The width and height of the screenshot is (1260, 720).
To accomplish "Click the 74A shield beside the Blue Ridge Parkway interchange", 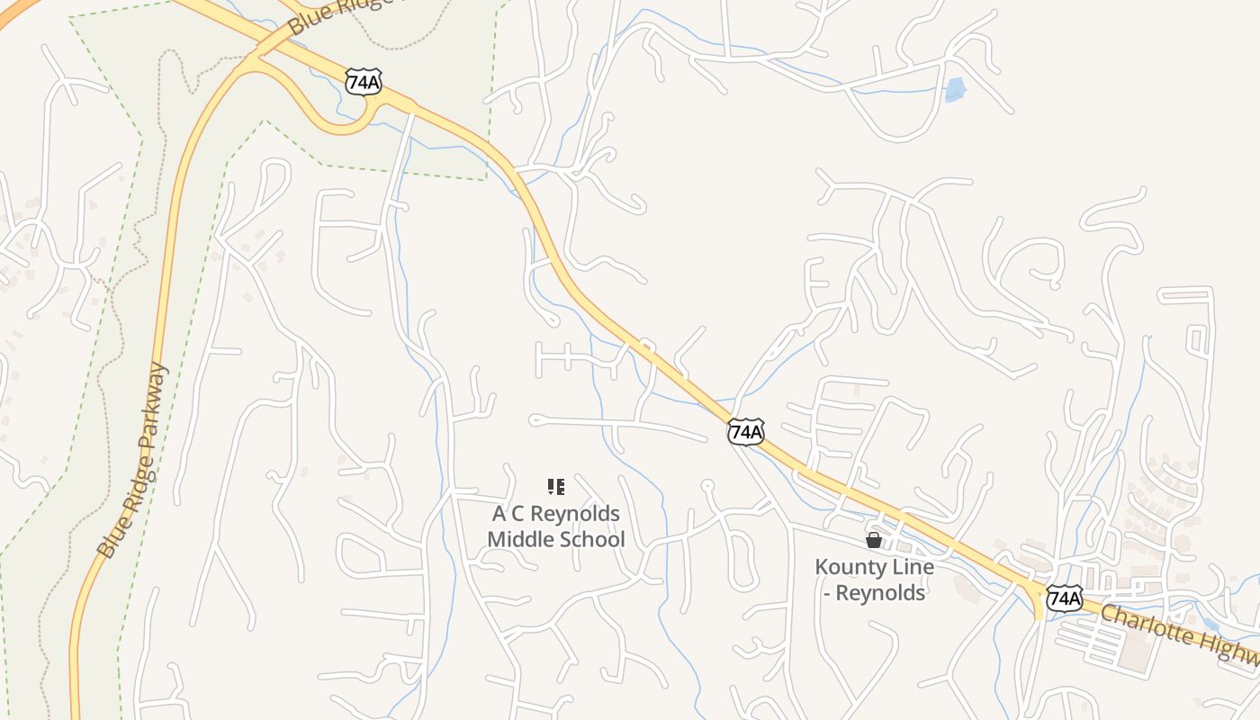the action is pyautogui.click(x=363, y=82).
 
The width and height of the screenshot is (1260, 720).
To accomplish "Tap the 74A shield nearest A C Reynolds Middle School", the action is pyautogui.click(x=746, y=432).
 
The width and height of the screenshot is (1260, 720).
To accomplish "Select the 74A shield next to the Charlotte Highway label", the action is pyautogui.click(x=1065, y=598).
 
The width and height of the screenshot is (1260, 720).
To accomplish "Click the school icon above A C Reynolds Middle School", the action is pyautogui.click(x=556, y=487).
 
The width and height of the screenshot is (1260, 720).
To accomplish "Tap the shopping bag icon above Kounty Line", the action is pyautogui.click(x=873, y=540).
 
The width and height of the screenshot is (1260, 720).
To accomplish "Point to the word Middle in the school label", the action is pyautogui.click(x=522, y=540).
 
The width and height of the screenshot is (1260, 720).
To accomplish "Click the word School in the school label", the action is pyautogui.click(x=592, y=540).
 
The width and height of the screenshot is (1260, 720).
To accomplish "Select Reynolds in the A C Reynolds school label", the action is pyautogui.click(x=577, y=514).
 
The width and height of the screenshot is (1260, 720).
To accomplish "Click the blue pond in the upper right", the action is pyautogui.click(x=954, y=89).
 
